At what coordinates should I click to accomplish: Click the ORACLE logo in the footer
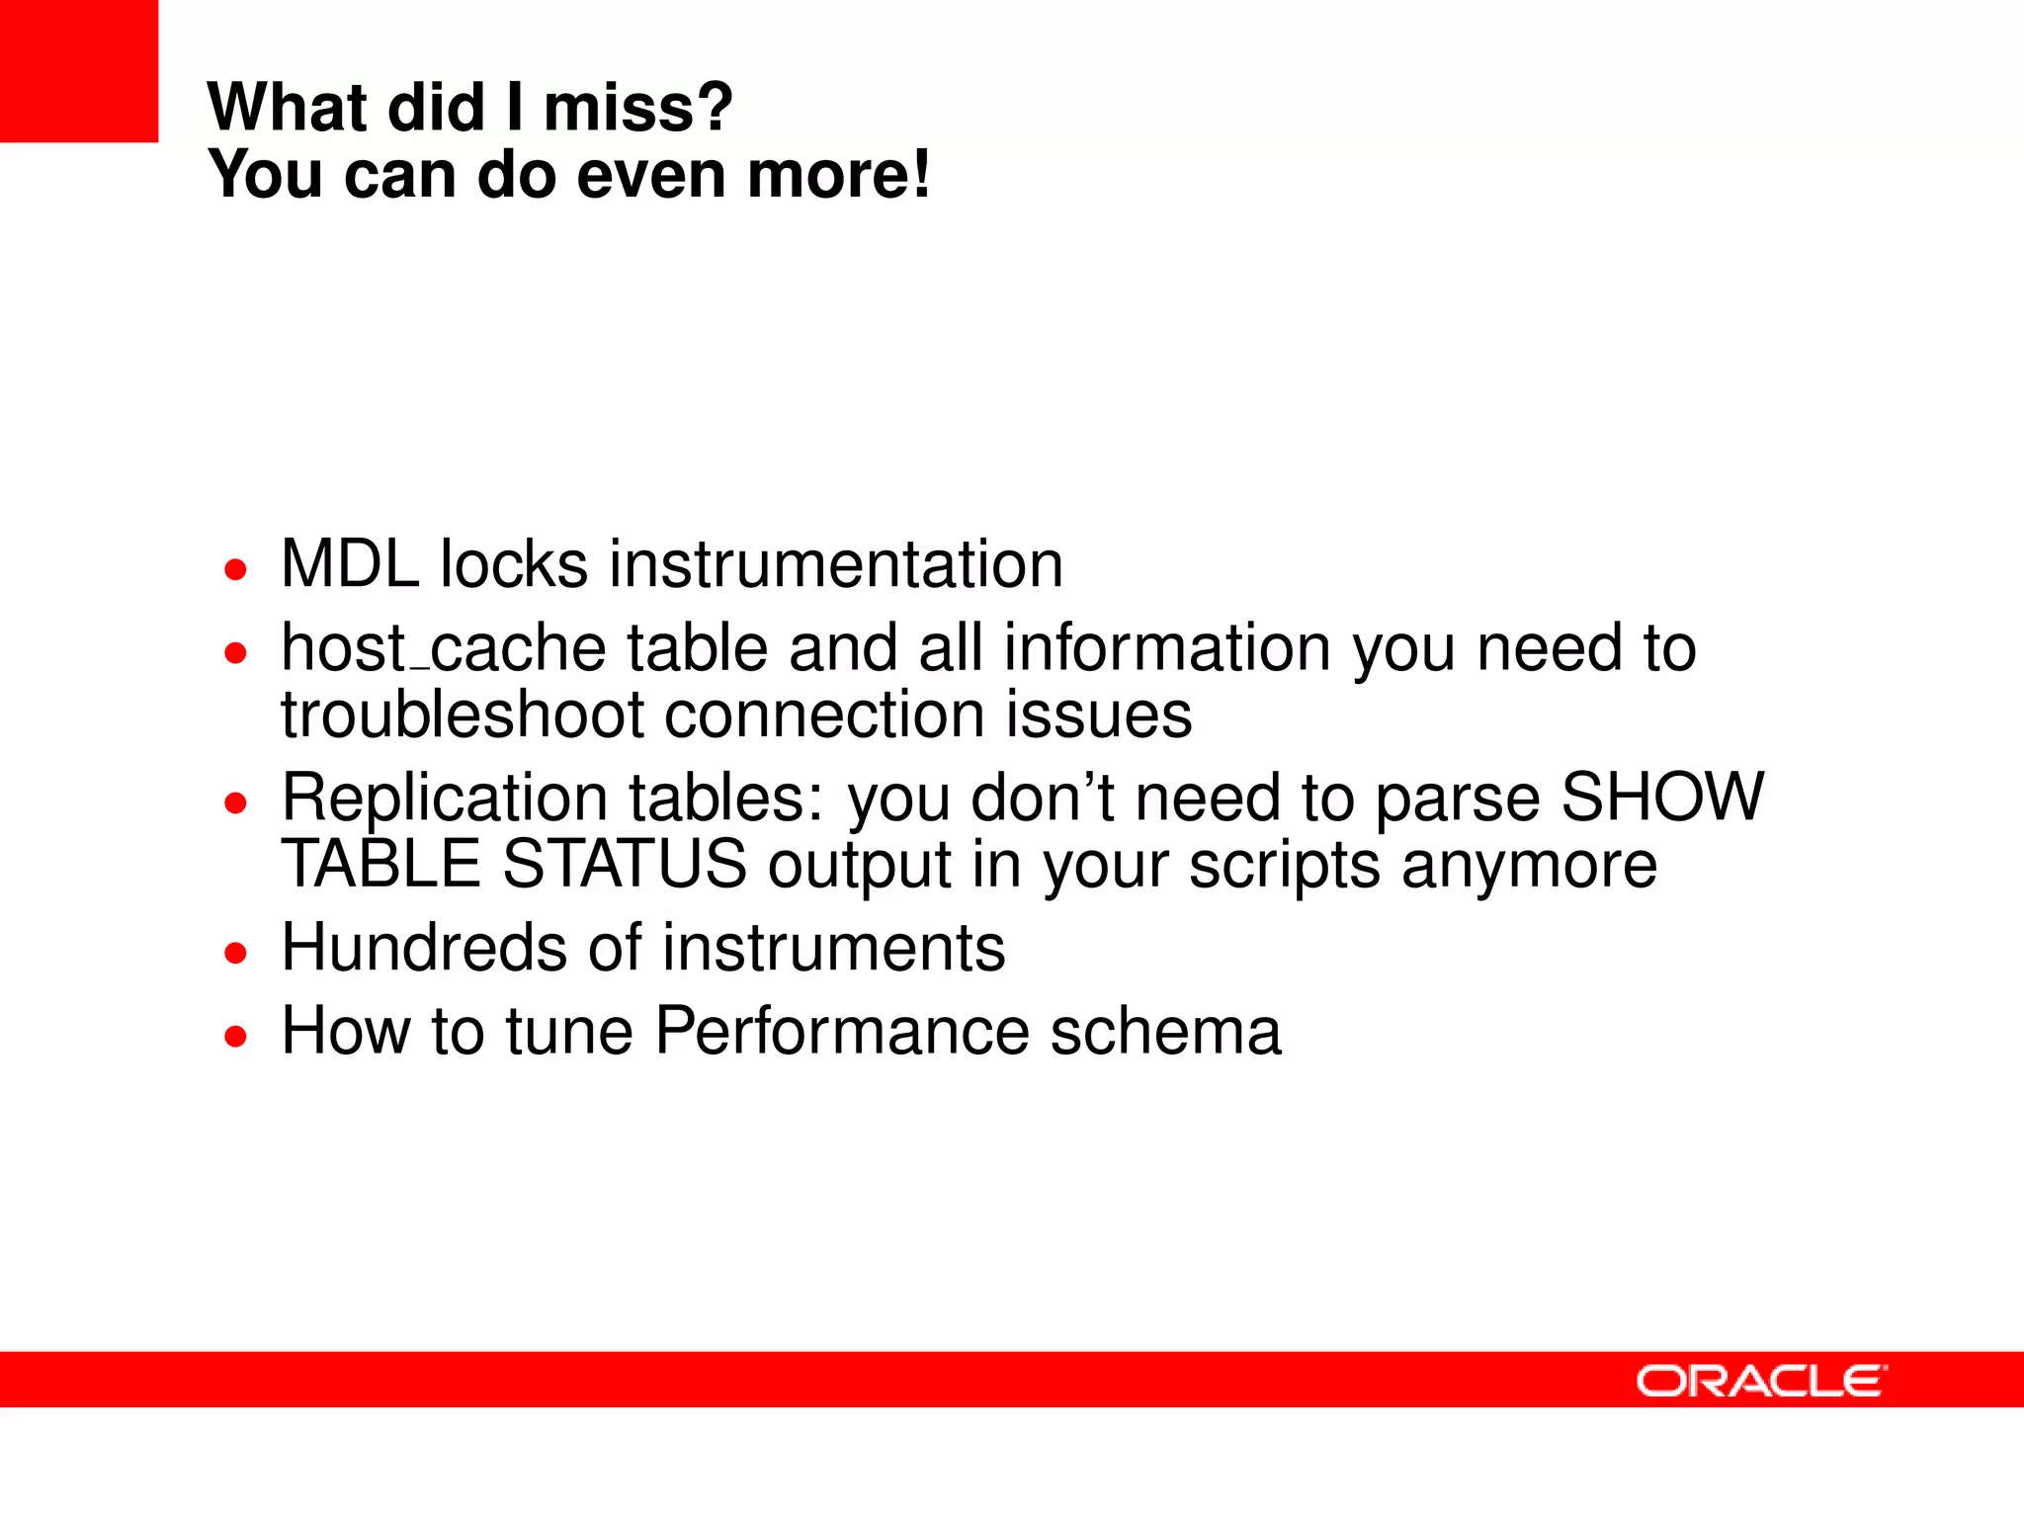(1761, 1381)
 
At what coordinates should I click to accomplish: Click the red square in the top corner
(78, 70)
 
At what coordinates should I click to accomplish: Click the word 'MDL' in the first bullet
(350, 564)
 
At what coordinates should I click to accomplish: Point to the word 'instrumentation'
(835, 564)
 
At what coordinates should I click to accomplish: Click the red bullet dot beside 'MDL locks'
(235, 570)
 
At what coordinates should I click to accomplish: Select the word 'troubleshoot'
(462, 715)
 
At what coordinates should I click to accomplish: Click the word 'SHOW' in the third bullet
(1662, 797)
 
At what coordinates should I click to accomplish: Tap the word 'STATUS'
(625, 864)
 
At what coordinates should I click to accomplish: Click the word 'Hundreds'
(424, 948)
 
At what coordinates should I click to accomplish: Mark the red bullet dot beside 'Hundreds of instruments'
(235, 954)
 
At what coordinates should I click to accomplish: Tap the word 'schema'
(1165, 1031)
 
